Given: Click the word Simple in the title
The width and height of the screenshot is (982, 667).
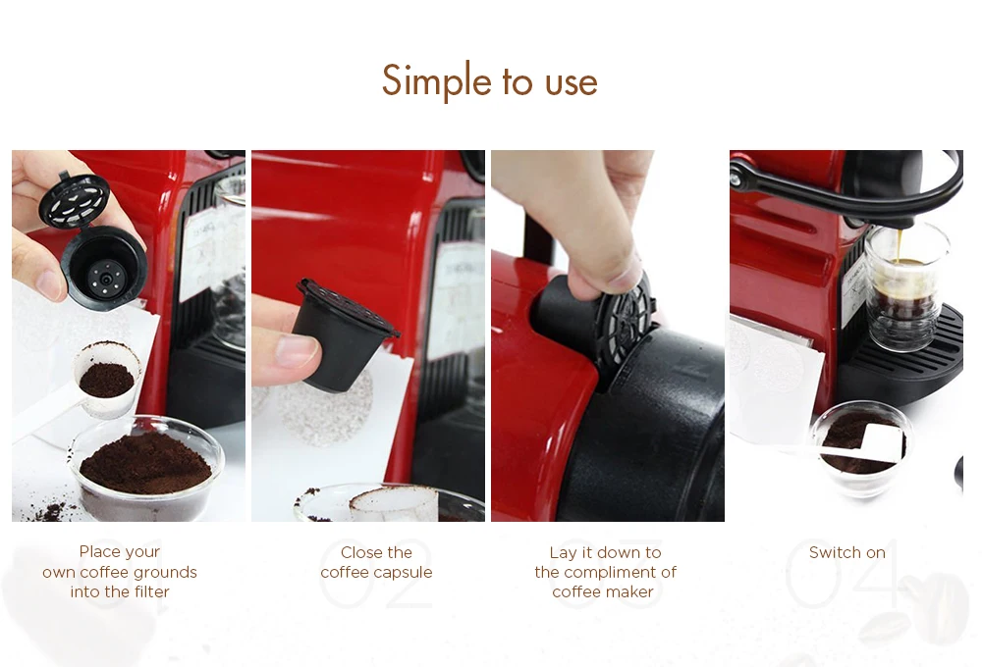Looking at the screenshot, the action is coord(437,81).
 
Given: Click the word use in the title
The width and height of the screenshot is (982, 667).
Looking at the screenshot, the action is coord(572,83).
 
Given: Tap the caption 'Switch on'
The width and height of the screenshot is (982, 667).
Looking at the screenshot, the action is coord(846,552).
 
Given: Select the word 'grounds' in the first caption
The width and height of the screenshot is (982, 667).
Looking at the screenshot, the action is coord(165,572).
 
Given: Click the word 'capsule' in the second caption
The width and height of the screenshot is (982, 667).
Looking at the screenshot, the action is coord(404,573).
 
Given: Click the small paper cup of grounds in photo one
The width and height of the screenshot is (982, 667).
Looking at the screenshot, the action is coord(107,378).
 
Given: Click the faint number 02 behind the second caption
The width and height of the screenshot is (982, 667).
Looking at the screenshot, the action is coord(376,573).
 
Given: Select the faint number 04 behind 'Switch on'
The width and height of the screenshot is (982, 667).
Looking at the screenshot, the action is coord(843,573).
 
